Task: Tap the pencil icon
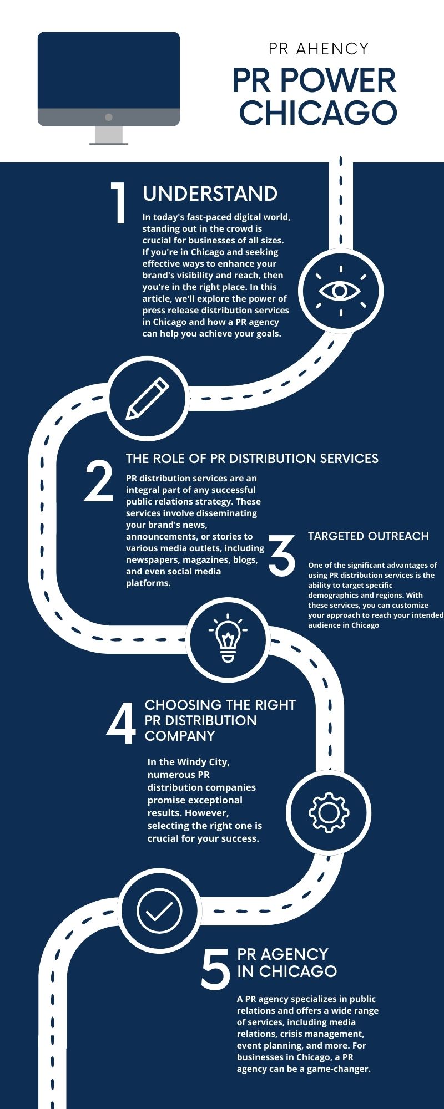pos(148,398)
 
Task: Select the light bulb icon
pos(228,639)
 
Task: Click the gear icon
pos(329,813)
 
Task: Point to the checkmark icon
pos(159,910)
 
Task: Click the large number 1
pos(118,204)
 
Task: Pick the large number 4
pos(121,723)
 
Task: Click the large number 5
pos(215,969)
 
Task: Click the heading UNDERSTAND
pos(210,194)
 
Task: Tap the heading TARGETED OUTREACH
pos(369,536)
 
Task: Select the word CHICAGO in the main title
pos(318,113)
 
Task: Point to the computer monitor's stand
pos(109,135)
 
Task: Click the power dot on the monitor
pos(109,117)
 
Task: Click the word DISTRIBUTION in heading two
pos(269,459)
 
